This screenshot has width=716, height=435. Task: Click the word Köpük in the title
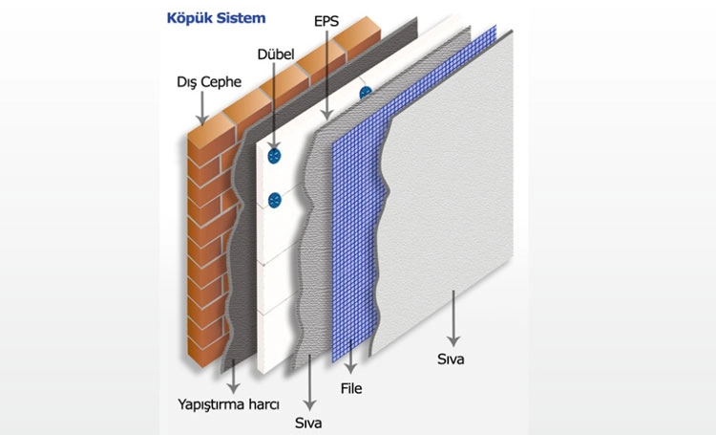point(187,19)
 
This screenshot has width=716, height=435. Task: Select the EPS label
point(326,21)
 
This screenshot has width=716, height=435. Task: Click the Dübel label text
point(276,54)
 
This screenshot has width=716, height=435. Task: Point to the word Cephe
point(221,82)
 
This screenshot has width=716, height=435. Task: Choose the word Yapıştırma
point(211,404)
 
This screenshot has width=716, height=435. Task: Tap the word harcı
point(263,404)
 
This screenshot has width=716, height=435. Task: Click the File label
point(351,388)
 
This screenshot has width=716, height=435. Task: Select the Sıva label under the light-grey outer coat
point(451,359)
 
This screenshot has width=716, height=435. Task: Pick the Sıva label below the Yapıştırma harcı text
point(308,423)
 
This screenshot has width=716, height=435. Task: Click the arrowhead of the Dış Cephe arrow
point(201,120)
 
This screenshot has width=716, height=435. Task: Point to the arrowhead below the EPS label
point(326,115)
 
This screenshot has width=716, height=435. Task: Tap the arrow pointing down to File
point(350,357)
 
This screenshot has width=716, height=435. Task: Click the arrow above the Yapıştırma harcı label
point(233,376)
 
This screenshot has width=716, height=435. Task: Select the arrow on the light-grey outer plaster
point(453,318)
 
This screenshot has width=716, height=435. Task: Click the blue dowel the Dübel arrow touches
point(274,156)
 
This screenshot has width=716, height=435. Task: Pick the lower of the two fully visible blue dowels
point(275,201)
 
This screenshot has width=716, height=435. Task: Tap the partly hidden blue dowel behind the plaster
point(366,93)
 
